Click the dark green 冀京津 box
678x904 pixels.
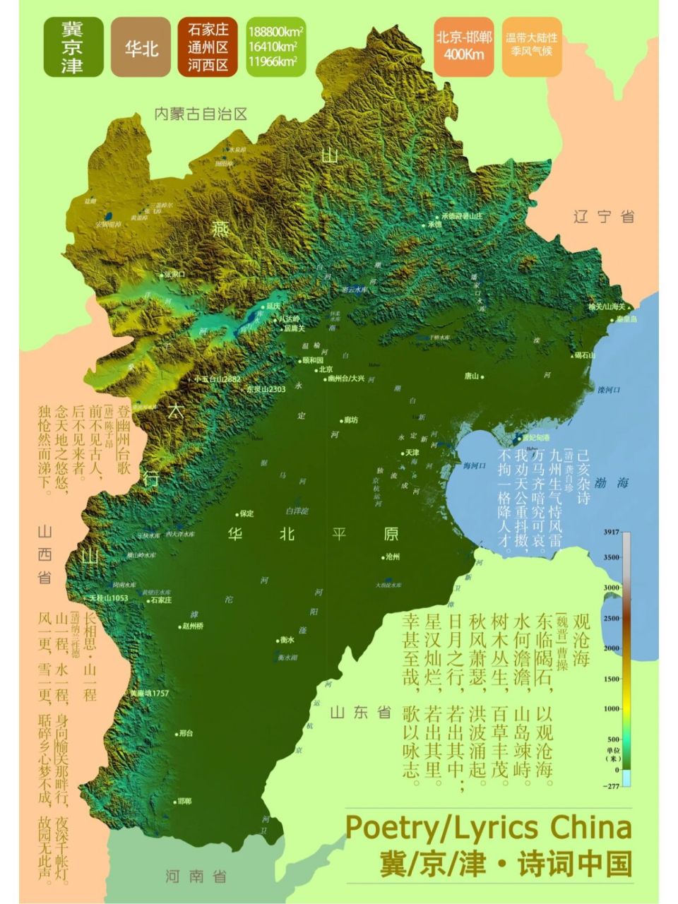point(73,47)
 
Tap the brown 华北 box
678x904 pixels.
point(141,48)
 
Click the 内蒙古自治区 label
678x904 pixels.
point(201,114)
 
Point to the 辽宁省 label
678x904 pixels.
point(604,217)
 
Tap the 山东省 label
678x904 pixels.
point(360,712)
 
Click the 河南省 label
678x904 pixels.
point(196,876)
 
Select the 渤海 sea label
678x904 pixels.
point(612,484)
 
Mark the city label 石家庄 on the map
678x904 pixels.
point(160,600)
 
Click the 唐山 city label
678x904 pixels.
point(472,376)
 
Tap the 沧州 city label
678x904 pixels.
point(392,557)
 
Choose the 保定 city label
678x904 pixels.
point(246,513)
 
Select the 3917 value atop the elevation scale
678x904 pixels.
point(612,532)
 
